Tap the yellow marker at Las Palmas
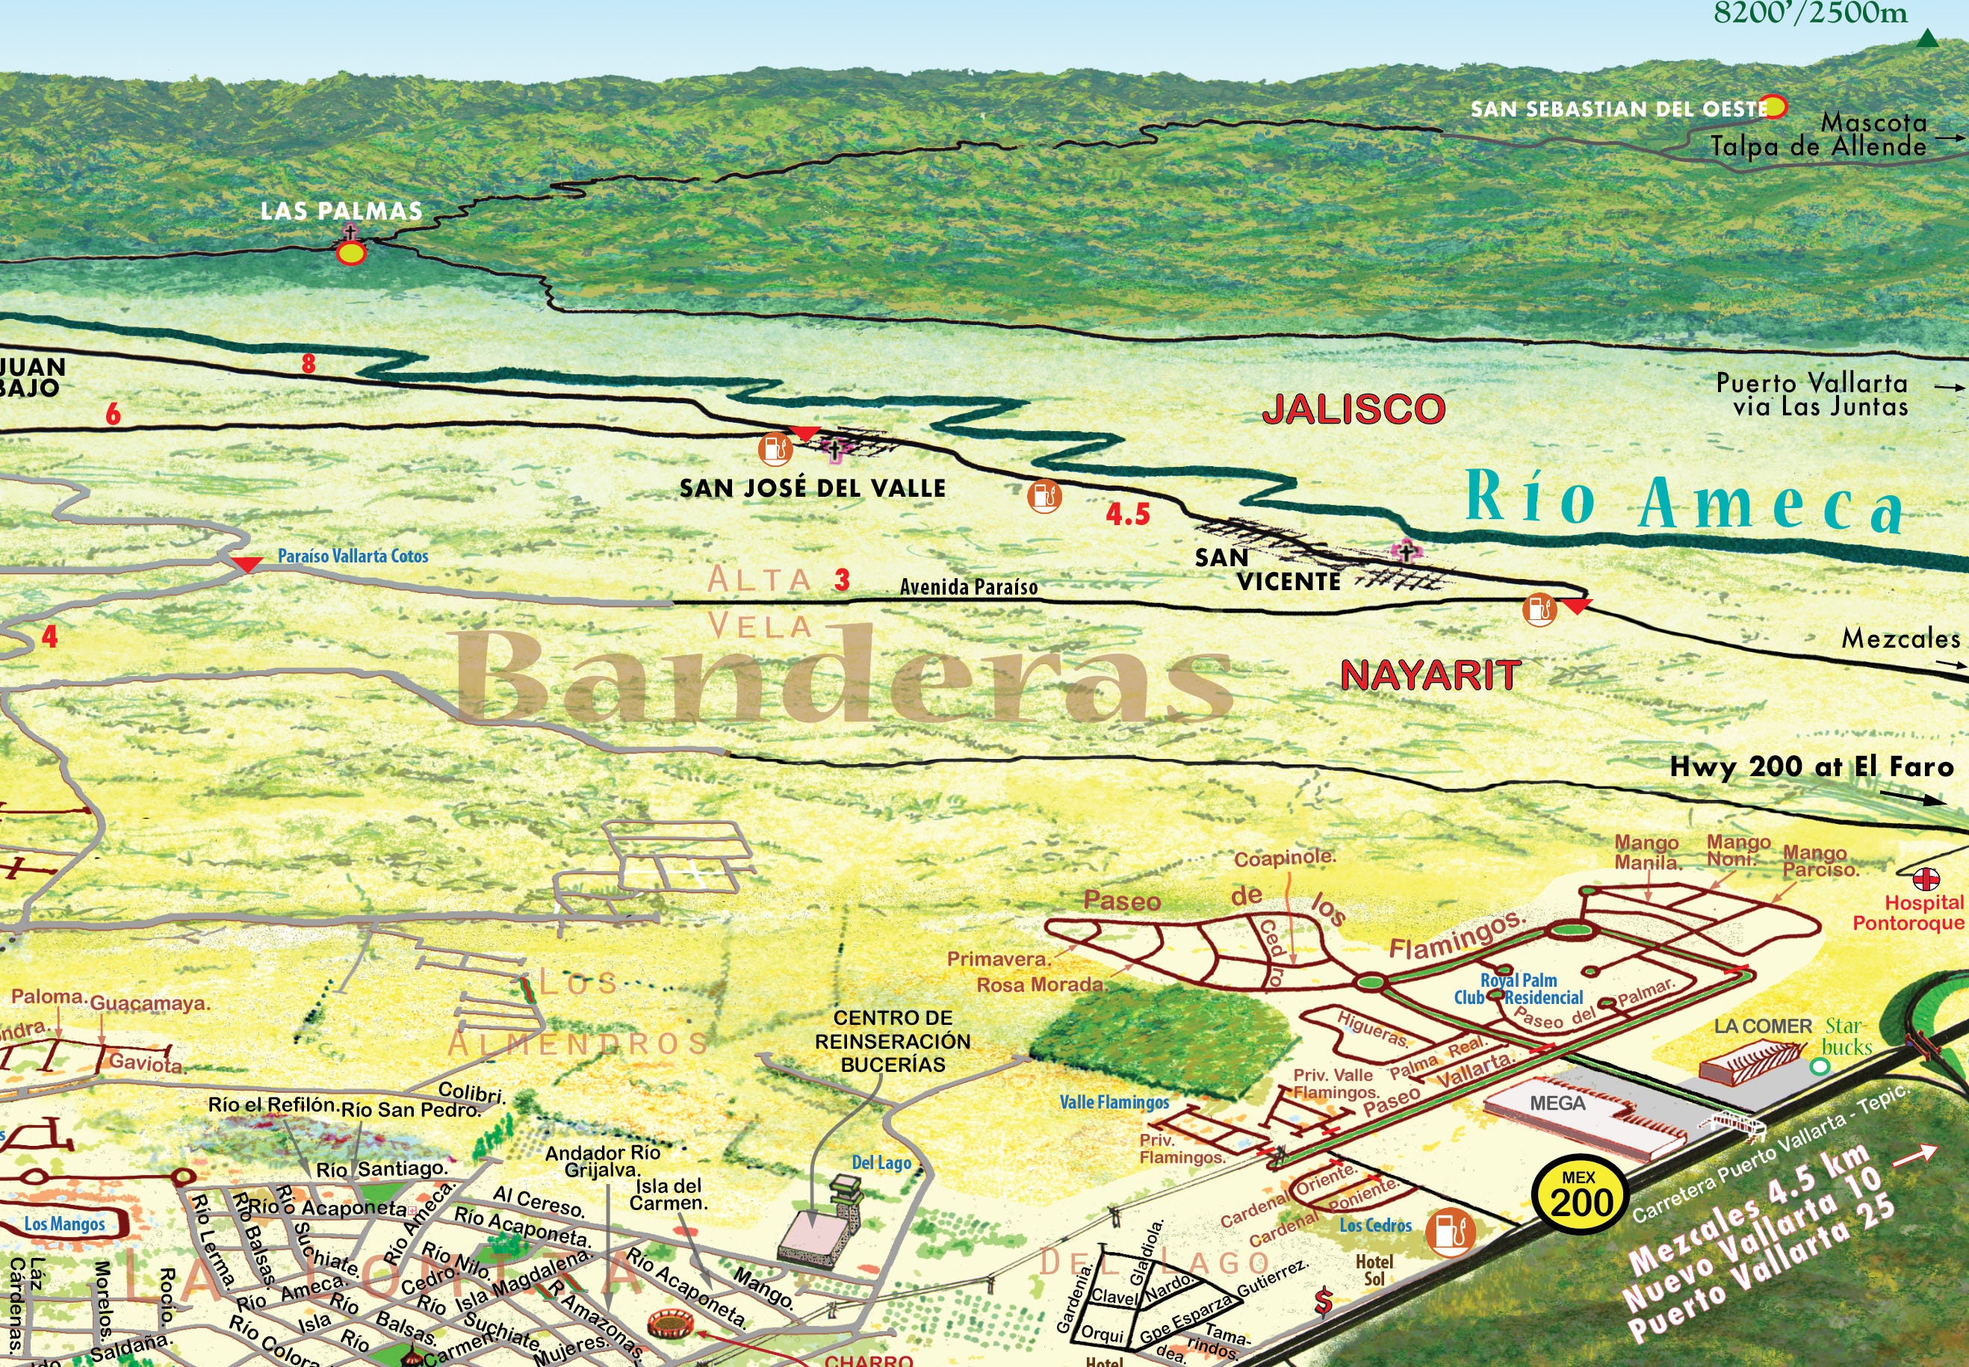pos(351,253)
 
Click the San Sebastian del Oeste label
pos(1619,110)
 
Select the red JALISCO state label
pos(1354,409)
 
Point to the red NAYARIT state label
pos(1430,676)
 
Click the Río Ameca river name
pos(1683,501)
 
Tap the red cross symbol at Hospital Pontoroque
pos(1926,878)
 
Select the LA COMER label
pos(1763,1026)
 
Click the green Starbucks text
pos(1845,1036)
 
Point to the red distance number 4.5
pos(1127,515)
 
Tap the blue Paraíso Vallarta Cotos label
pos(353,556)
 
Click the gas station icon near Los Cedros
pos(1450,1232)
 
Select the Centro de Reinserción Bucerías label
pos(893,1041)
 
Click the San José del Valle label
pos(812,489)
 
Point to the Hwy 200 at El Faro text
pos(1811,766)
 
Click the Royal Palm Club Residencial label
pos(1519,988)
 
